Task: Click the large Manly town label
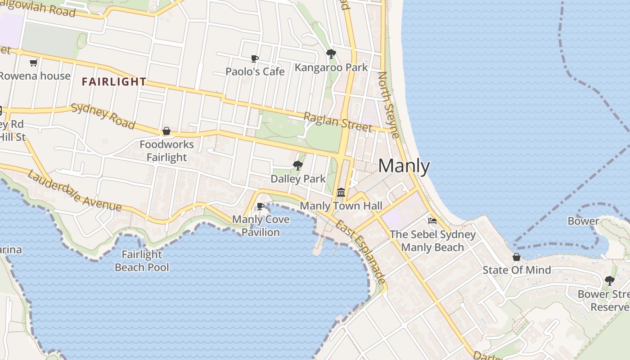pyautogui.click(x=404, y=166)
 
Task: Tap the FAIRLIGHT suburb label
pyautogui.click(x=114, y=82)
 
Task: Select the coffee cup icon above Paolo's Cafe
pyautogui.click(x=255, y=58)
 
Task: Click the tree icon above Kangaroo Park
pyautogui.click(x=331, y=54)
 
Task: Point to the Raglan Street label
pyautogui.click(x=338, y=122)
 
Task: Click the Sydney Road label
pyautogui.click(x=103, y=116)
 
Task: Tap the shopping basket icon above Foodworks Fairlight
pyautogui.click(x=166, y=131)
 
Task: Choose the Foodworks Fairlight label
pyautogui.click(x=166, y=151)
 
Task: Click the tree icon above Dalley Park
pyautogui.click(x=297, y=166)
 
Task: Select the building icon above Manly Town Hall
pyautogui.click(x=341, y=193)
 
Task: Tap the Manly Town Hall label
pyautogui.click(x=341, y=206)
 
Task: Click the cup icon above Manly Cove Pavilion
pyautogui.click(x=260, y=207)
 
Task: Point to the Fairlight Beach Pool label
pyautogui.click(x=142, y=261)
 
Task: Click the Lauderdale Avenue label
pyautogui.click(x=74, y=190)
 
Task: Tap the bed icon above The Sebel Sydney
pyautogui.click(x=432, y=221)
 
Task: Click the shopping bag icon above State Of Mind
pyautogui.click(x=517, y=257)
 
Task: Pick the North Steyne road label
pyautogui.click(x=389, y=105)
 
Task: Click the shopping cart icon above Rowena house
pyautogui.click(x=33, y=63)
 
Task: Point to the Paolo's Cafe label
pyautogui.click(x=255, y=72)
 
